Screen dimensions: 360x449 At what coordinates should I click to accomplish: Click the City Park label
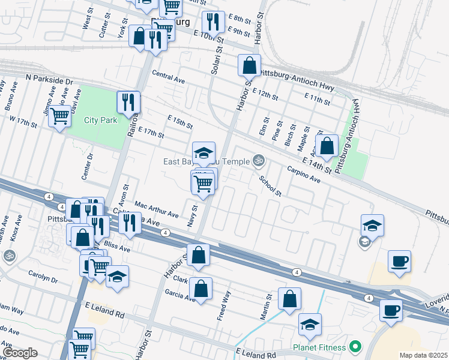pyautogui.click(x=100, y=120)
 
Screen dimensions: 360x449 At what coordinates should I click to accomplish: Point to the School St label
pyautogui.click(x=270, y=186)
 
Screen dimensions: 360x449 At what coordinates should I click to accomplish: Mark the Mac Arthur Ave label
pyautogui.click(x=157, y=210)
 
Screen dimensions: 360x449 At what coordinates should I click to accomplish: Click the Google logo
pyautogui.click(x=20, y=353)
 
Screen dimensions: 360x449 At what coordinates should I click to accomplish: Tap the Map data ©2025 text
pyautogui.click(x=423, y=355)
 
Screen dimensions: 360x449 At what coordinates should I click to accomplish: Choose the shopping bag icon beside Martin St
pyautogui.click(x=289, y=299)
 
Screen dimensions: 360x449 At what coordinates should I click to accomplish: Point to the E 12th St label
pyautogui.click(x=265, y=96)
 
